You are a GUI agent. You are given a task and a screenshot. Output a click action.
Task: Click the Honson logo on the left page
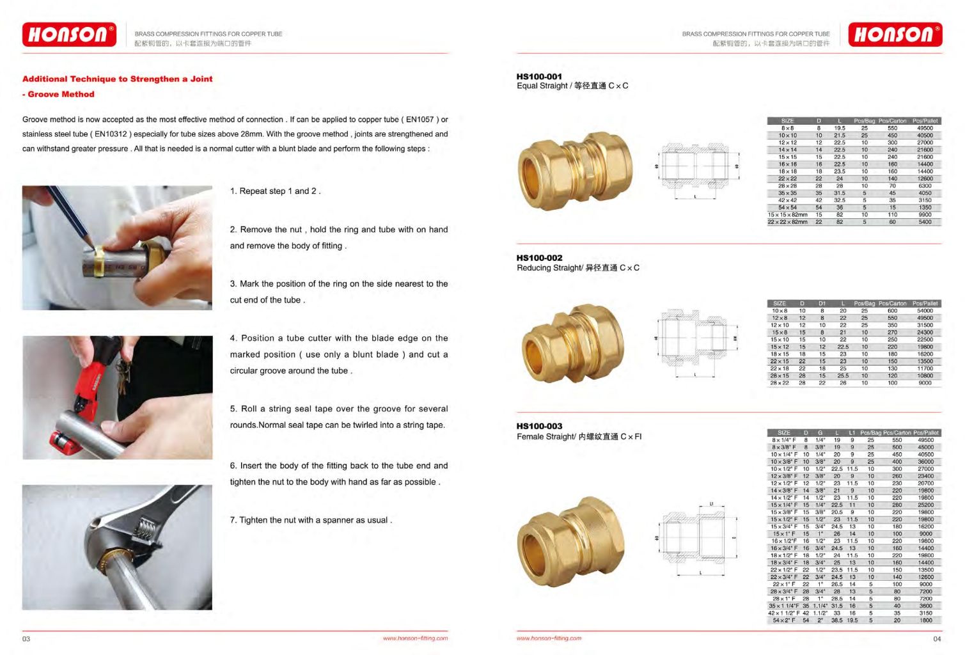point(69,35)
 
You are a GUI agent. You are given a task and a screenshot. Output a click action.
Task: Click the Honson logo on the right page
point(895,35)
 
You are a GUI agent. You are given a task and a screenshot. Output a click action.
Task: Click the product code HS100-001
point(539,76)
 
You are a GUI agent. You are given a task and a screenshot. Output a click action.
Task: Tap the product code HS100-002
point(539,258)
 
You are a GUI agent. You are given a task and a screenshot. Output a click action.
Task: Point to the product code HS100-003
point(539,426)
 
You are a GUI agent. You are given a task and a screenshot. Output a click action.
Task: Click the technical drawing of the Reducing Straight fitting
point(695,339)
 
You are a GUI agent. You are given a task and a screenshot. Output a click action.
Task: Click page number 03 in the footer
point(26,638)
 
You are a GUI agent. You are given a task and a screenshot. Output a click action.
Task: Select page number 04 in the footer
point(936,638)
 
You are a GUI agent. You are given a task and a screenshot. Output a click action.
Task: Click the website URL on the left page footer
point(415,638)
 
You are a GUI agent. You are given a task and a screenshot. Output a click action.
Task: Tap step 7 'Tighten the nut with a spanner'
point(311,520)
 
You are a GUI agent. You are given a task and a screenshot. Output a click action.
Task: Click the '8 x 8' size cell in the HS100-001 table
point(787,128)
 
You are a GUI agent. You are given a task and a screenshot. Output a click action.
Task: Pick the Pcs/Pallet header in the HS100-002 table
point(925,303)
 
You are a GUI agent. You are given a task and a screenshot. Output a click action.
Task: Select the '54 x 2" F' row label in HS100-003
point(783,620)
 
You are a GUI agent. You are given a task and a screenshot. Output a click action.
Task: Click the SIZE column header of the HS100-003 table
point(783,433)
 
